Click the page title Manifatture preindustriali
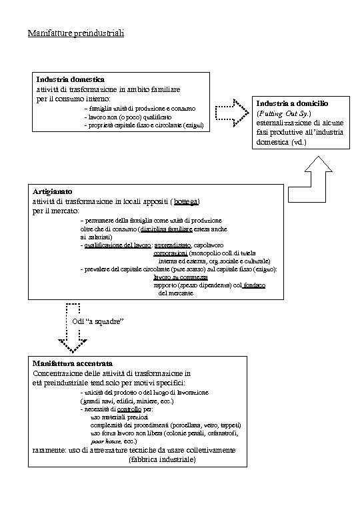(x=76, y=33)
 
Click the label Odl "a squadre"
(x=99, y=322)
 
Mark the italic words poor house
(x=106, y=441)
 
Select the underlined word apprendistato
(x=175, y=245)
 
